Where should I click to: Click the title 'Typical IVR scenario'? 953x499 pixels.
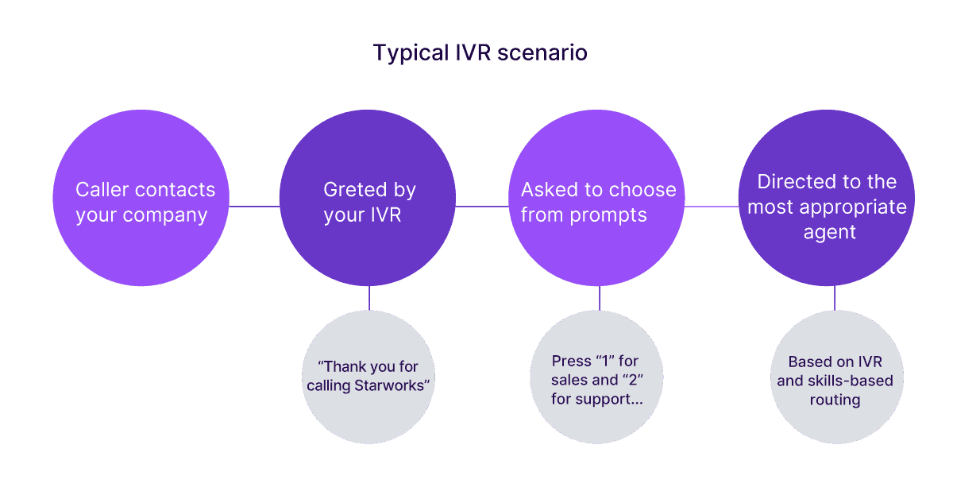[x=480, y=53]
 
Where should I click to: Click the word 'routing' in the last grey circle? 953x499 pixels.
[x=834, y=400]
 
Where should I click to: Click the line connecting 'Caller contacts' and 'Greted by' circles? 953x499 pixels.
[x=254, y=207]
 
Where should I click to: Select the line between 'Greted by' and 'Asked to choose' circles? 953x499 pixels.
[x=482, y=207]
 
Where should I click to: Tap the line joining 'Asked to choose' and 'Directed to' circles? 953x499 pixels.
[x=712, y=207]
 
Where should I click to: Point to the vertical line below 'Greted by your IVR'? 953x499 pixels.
[x=368, y=298]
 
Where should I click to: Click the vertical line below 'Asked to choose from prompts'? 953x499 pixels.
[x=599, y=298]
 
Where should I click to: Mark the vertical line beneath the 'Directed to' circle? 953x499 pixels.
[x=834, y=298]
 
